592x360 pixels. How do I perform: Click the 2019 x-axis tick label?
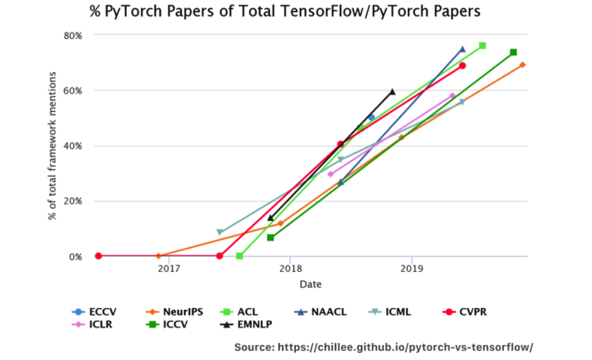point(412,268)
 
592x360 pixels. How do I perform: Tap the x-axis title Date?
point(310,284)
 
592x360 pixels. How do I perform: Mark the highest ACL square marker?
point(483,46)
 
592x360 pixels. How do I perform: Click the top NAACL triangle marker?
point(462,49)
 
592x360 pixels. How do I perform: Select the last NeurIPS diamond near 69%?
point(522,65)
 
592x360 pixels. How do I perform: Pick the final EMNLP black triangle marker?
point(393,92)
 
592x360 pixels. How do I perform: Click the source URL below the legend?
point(383,347)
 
